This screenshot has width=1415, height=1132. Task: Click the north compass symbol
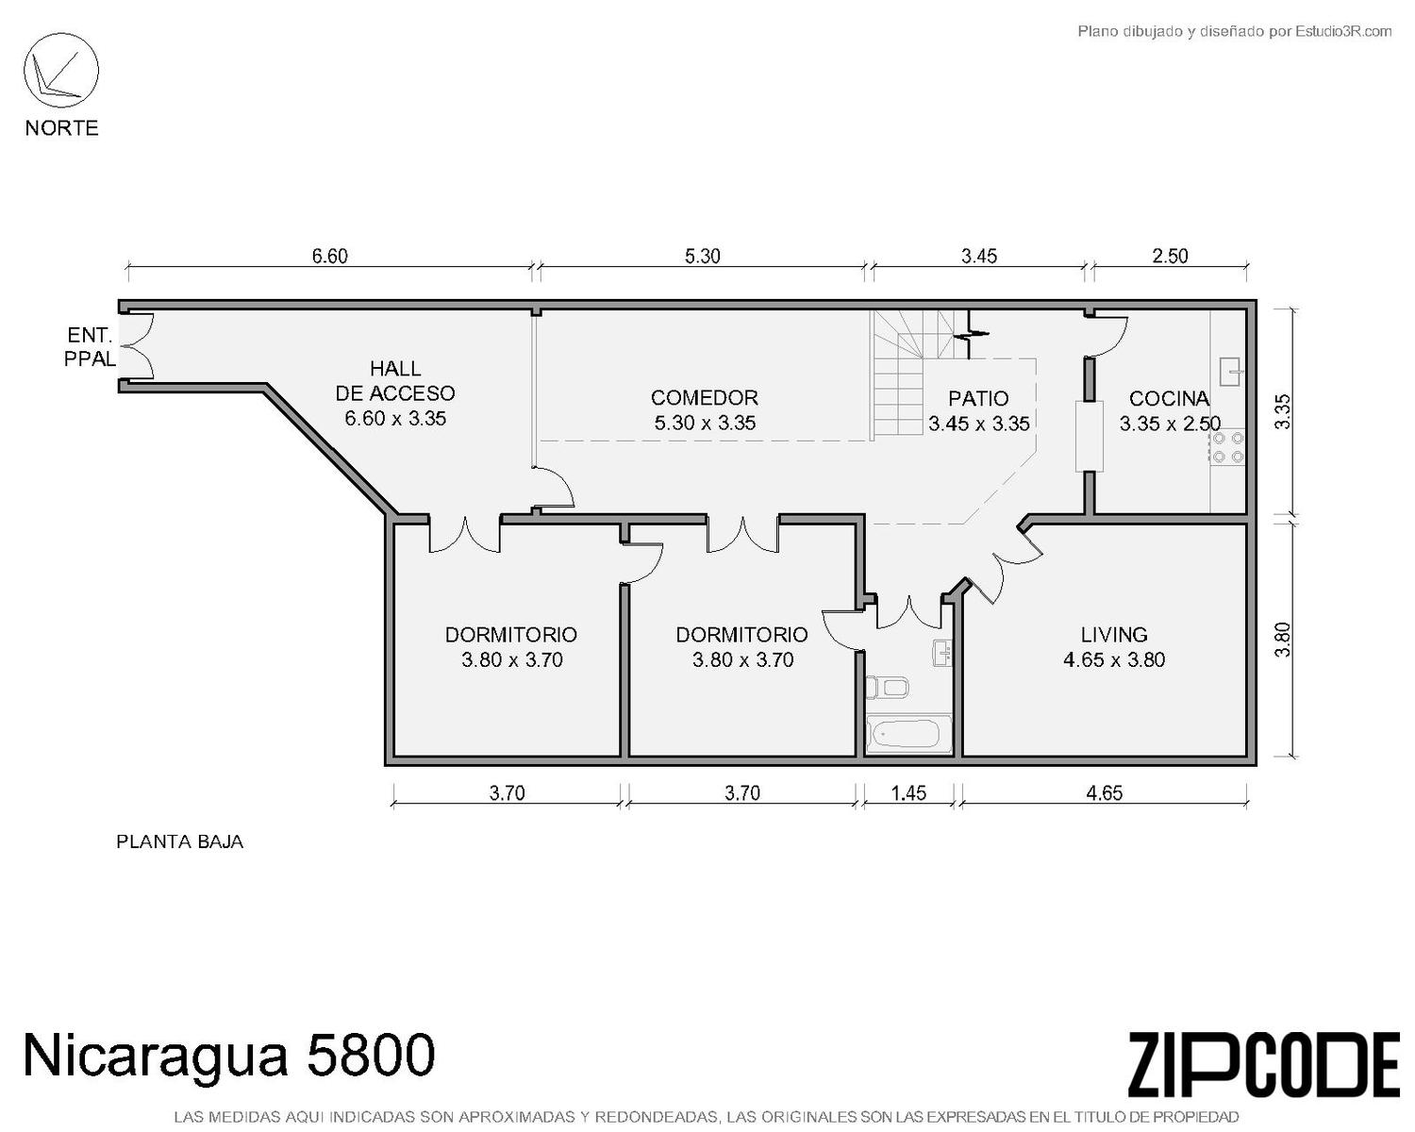(61, 71)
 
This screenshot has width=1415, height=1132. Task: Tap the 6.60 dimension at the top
(329, 256)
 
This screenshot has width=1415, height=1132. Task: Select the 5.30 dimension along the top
(702, 256)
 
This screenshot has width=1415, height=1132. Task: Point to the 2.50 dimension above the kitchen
(1170, 256)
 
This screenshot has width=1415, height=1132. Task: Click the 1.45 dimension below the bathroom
(908, 793)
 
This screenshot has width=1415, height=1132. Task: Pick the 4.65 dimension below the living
(1104, 793)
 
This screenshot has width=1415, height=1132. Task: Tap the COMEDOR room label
(705, 398)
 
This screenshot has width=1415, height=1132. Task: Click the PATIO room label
(978, 399)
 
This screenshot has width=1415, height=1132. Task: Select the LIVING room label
(1114, 635)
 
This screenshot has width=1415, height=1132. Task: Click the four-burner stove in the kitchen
(1227, 447)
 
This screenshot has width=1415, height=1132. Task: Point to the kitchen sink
(1231, 372)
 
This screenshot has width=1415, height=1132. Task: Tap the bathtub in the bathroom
(909, 735)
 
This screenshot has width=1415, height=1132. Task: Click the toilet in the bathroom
(887, 688)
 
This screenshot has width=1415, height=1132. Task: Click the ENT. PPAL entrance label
(90, 347)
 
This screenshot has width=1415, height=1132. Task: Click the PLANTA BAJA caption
(179, 842)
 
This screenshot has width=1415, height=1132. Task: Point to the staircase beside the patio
(921, 375)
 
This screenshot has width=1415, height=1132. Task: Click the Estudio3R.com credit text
(1234, 31)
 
